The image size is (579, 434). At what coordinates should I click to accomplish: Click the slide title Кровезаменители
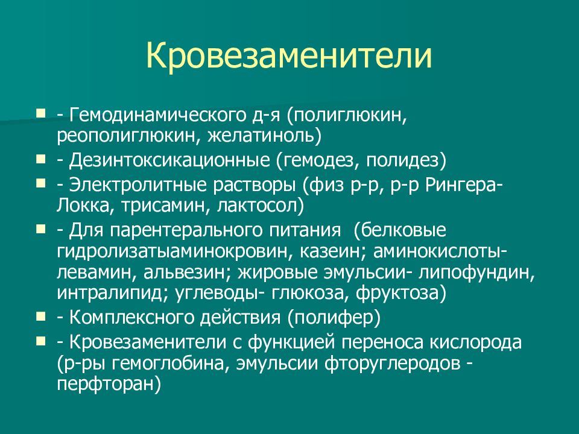(289, 55)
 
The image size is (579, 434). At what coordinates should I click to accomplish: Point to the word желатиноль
(261, 136)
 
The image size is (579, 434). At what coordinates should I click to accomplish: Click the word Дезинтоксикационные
(169, 161)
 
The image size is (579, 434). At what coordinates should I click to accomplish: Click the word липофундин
(477, 273)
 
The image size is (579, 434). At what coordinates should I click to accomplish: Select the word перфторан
(106, 385)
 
